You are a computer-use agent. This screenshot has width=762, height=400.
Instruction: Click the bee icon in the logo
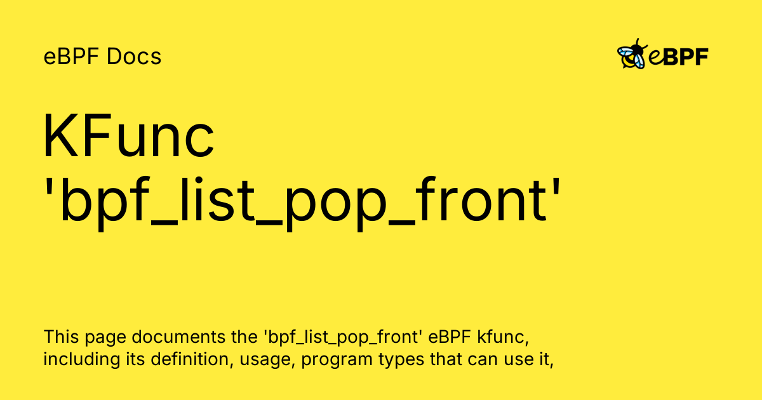[632, 54]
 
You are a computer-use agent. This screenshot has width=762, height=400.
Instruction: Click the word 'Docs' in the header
[134, 56]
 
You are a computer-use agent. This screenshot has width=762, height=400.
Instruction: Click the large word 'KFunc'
[128, 135]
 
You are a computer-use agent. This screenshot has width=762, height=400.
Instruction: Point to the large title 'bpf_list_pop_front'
[302, 201]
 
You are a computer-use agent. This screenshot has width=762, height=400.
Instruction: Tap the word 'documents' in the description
[178, 337]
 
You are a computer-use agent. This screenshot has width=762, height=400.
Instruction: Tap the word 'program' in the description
[337, 361]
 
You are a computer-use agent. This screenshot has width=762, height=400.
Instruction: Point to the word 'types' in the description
[401, 360]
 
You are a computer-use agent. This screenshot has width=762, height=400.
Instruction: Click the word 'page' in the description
[105, 338]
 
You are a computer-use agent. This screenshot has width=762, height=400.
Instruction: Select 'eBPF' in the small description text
[450, 337]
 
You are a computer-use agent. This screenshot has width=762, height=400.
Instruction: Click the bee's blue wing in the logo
[625, 52]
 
